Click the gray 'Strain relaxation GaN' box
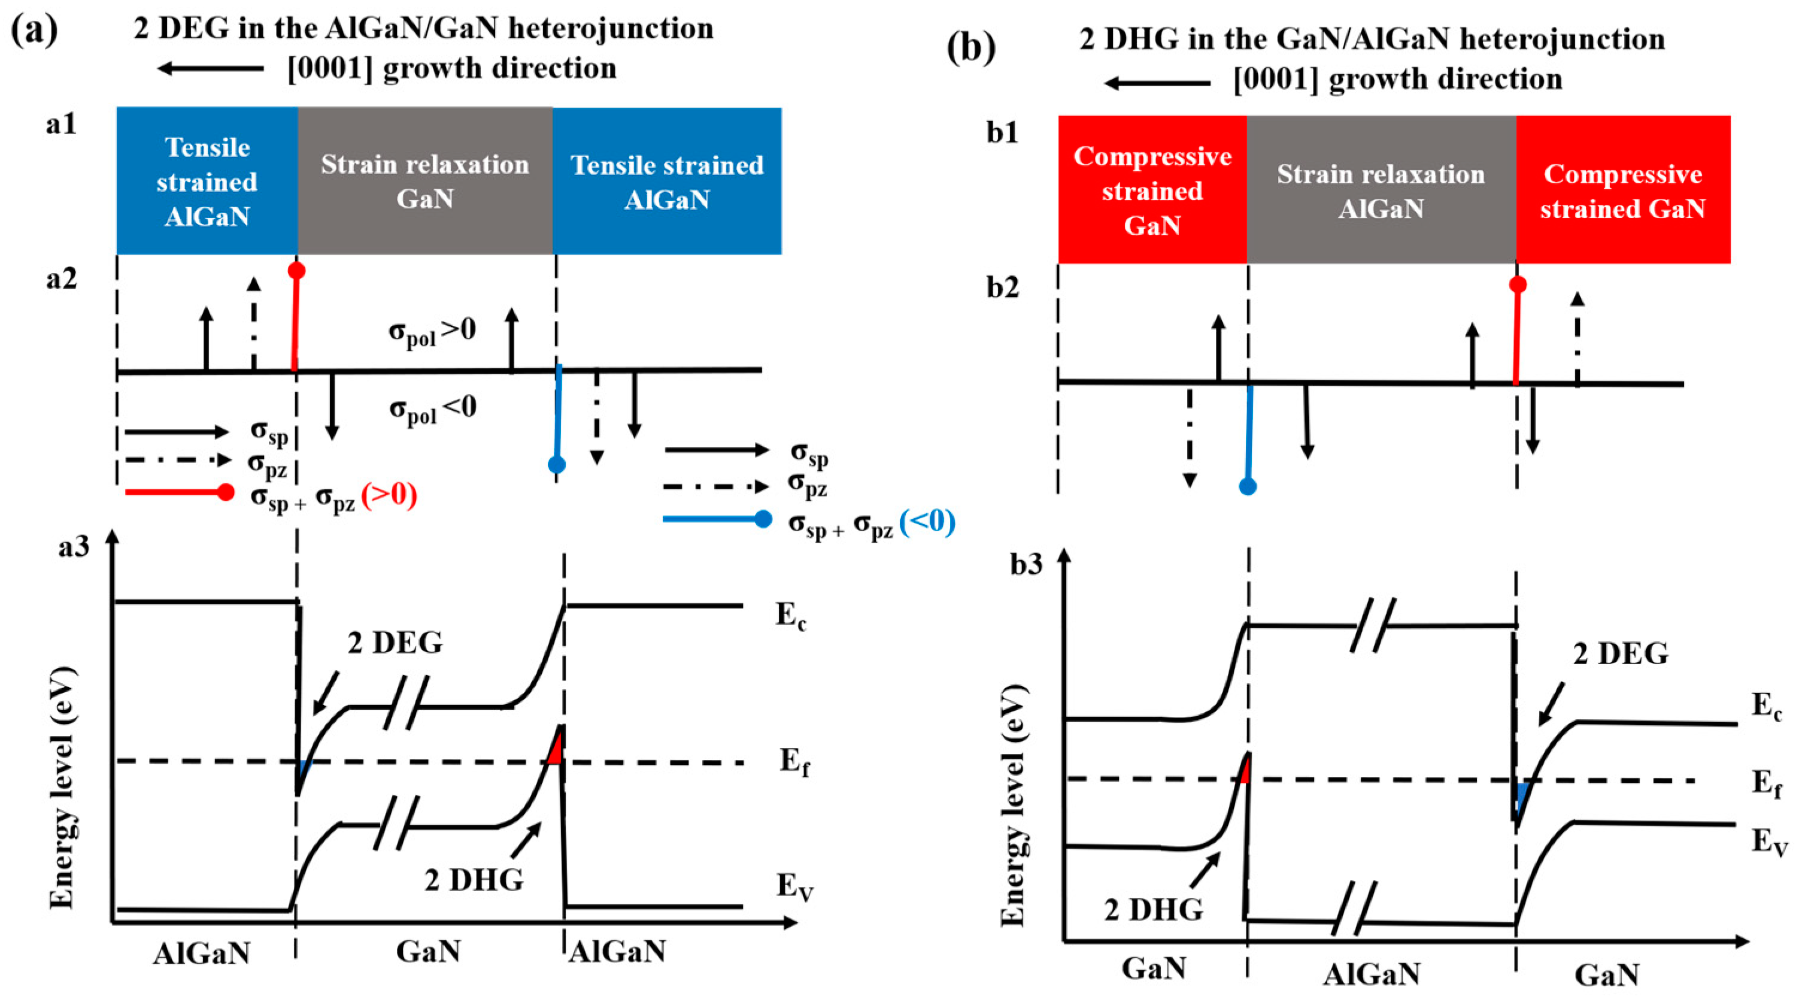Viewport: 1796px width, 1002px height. (424, 181)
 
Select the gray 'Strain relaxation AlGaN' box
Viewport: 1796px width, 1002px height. (1381, 190)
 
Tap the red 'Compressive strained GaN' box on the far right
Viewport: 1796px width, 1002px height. (1622, 190)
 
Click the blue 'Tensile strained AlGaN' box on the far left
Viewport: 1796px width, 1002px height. (207, 181)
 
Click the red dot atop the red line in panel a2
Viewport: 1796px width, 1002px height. (296, 271)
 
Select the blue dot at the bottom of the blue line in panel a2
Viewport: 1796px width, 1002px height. (556, 464)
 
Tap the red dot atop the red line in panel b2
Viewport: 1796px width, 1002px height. (1518, 284)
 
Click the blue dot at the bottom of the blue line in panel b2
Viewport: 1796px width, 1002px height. (1248, 486)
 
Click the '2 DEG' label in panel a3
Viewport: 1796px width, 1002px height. (395, 643)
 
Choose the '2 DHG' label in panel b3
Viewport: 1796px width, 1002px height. (1153, 909)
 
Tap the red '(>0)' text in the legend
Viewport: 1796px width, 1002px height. (389, 497)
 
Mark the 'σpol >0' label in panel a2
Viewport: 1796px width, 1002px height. (432, 331)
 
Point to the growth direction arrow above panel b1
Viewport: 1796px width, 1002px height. (1158, 84)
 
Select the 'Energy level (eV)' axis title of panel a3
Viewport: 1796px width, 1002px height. (63, 788)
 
